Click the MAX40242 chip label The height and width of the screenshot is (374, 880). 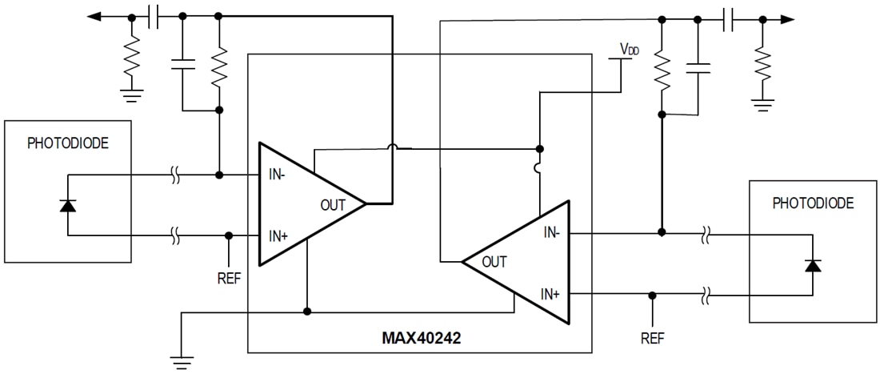click(420, 339)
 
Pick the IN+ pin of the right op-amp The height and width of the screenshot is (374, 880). click(552, 294)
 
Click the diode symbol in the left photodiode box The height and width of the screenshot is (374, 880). click(68, 205)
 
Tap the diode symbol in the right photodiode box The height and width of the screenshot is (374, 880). click(813, 265)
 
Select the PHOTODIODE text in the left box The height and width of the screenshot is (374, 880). click(67, 144)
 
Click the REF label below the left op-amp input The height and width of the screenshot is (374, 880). click(229, 279)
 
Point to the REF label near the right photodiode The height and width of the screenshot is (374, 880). click(653, 338)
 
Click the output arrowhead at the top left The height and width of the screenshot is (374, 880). click(96, 16)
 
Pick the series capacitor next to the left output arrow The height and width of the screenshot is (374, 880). click(154, 16)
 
